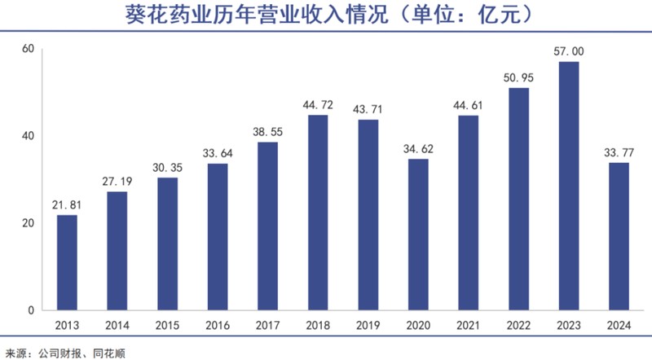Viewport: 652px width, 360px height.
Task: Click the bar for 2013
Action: coord(67,262)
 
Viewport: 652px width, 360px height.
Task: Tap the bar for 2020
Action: coord(418,235)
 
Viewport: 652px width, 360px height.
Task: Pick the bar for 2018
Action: coord(318,213)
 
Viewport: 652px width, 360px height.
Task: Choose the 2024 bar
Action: coord(619,236)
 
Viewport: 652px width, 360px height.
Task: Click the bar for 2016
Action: coord(218,237)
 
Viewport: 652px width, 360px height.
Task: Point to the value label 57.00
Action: coord(569,51)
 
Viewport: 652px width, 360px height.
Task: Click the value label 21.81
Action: coord(67,204)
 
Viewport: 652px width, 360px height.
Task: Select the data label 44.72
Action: coord(318,104)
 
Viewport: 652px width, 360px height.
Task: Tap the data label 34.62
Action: coord(418,148)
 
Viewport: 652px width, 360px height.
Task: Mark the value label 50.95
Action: coord(518,77)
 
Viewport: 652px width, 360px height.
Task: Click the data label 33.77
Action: coord(619,151)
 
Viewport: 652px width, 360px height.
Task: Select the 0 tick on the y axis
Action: coord(30,310)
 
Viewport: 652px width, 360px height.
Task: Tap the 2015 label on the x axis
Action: coord(167,327)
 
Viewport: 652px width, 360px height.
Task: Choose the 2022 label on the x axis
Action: coord(518,327)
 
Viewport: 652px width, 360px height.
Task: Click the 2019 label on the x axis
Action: coord(368,327)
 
